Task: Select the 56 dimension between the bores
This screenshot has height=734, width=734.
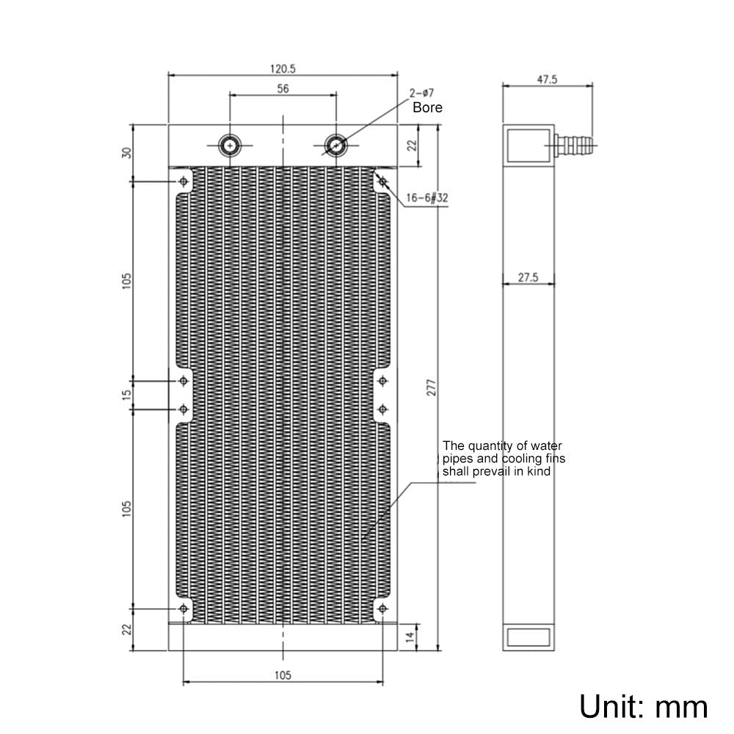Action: click(283, 89)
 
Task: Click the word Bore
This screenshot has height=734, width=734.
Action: click(427, 107)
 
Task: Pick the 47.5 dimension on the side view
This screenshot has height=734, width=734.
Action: click(547, 79)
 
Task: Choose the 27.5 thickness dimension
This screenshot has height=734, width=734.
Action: click(528, 277)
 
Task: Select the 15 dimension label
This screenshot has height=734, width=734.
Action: click(126, 394)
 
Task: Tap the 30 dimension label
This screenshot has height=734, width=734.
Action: click(126, 153)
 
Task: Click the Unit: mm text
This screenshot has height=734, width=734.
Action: click(644, 706)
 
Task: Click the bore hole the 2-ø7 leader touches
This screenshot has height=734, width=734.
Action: click(335, 145)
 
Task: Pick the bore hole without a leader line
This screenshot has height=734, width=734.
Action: click(231, 145)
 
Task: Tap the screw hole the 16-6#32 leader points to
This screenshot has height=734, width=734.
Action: click(382, 181)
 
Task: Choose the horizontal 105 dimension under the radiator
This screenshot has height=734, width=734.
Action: click(283, 675)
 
